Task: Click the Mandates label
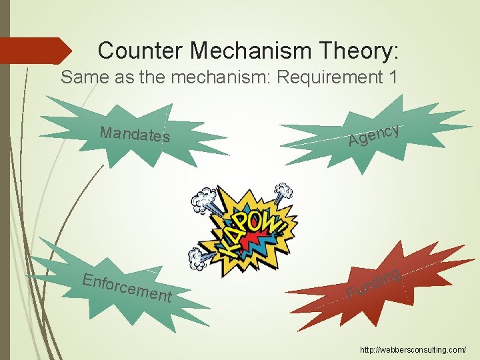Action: click(x=135, y=134)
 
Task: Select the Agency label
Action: click(x=374, y=134)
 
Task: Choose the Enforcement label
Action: click(x=127, y=288)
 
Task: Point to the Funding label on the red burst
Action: click(x=373, y=283)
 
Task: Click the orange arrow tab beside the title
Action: click(x=36, y=51)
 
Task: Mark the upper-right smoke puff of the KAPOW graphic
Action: click(x=283, y=193)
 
